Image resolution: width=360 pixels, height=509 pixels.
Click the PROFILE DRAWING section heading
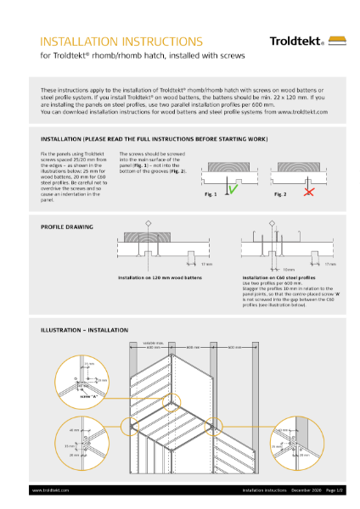[67, 227]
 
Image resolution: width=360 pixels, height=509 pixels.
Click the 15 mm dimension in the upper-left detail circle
[89, 364]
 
